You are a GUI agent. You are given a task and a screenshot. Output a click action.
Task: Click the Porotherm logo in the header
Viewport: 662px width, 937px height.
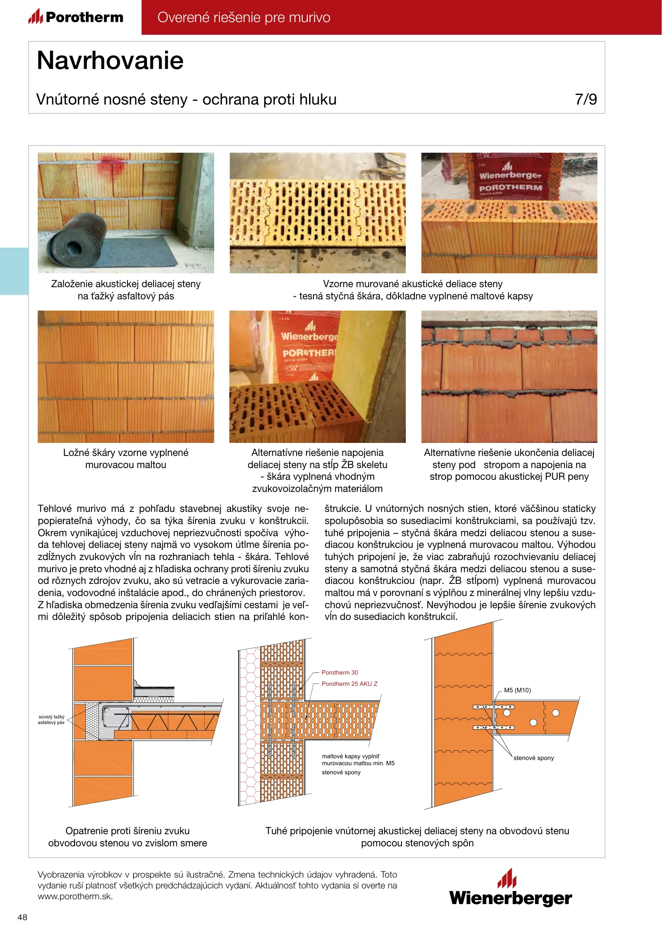coord(76,17)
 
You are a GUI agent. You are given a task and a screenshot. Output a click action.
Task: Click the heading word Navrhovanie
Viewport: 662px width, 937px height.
coord(110,60)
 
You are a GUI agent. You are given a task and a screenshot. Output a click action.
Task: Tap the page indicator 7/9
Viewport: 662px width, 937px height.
coord(586,99)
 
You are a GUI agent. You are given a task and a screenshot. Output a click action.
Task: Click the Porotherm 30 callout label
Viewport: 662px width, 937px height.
coord(339,672)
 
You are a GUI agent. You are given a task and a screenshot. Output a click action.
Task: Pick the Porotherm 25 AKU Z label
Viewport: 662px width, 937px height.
coord(349,684)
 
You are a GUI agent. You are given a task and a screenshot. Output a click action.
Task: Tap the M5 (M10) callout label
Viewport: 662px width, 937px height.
coord(517,690)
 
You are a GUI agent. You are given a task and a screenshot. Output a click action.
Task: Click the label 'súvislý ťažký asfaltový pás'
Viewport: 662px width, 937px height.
coord(51,720)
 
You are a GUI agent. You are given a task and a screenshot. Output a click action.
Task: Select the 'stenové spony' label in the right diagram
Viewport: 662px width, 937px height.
coord(533,758)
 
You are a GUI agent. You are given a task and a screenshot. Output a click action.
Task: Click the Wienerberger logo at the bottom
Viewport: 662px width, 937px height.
coord(510,888)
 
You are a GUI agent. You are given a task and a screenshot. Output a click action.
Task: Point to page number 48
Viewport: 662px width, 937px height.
coord(22,917)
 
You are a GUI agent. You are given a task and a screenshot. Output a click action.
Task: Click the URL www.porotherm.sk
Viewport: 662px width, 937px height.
coord(75,897)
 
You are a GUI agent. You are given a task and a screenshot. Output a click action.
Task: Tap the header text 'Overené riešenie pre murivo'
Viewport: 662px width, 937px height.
coord(244,17)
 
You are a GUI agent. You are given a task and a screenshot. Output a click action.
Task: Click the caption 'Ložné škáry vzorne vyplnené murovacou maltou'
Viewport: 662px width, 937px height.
coord(126,459)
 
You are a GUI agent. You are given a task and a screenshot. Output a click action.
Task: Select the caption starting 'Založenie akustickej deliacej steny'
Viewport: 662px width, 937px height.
coord(126,290)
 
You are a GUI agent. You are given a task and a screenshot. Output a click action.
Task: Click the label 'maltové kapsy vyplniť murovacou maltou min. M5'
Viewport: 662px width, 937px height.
coord(358,760)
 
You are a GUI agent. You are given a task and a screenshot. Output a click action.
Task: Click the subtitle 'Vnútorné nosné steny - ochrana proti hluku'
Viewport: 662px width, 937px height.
coord(186,99)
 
